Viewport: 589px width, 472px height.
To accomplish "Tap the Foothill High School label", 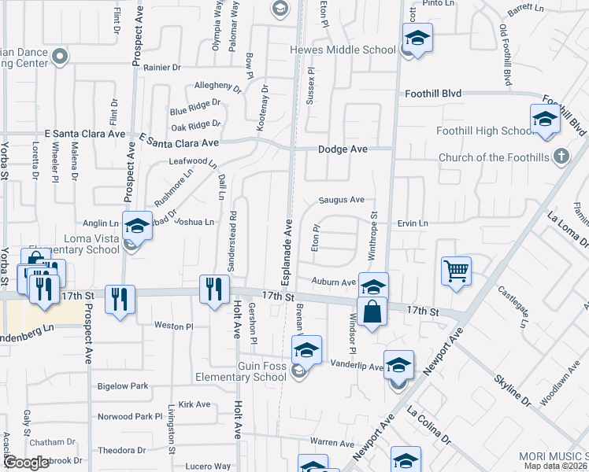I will pos(486,131).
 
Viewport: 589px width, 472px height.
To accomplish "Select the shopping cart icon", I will pos(457,271).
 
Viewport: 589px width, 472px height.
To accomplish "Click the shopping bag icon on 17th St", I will pos(372,311).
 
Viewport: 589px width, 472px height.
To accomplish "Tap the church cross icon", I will pos(561,157).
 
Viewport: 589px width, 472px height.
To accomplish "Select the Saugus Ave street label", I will pos(341,200).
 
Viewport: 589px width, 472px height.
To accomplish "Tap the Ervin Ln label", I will pos(413,223).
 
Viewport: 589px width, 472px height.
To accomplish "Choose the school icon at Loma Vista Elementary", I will pos(137,227).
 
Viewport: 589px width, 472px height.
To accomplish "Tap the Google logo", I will pos(26,463).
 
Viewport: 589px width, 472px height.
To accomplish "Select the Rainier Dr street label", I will pos(162,68).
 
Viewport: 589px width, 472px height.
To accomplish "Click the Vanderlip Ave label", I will pos(356,365).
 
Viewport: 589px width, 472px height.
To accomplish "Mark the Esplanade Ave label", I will pos(286,245).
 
